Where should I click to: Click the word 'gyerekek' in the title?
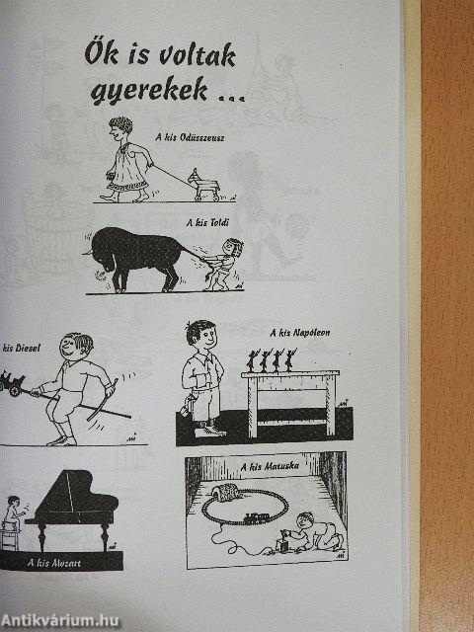coord(149,91)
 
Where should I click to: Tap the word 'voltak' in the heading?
coord(197,55)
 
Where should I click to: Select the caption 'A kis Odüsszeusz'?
coord(190,137)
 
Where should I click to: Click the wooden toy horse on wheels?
coord(203,185)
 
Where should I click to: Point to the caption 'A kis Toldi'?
coord(207,223)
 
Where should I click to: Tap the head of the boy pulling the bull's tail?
coord(232,248)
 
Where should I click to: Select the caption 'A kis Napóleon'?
coord(300,333)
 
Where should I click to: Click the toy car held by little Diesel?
coord(11,382)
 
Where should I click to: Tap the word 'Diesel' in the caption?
coord(28,349)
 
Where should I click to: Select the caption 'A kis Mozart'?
coord(54,563)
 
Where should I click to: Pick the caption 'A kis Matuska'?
coord(270,467)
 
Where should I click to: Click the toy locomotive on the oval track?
coord(252,517)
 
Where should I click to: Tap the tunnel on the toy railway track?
coord(228,492)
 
